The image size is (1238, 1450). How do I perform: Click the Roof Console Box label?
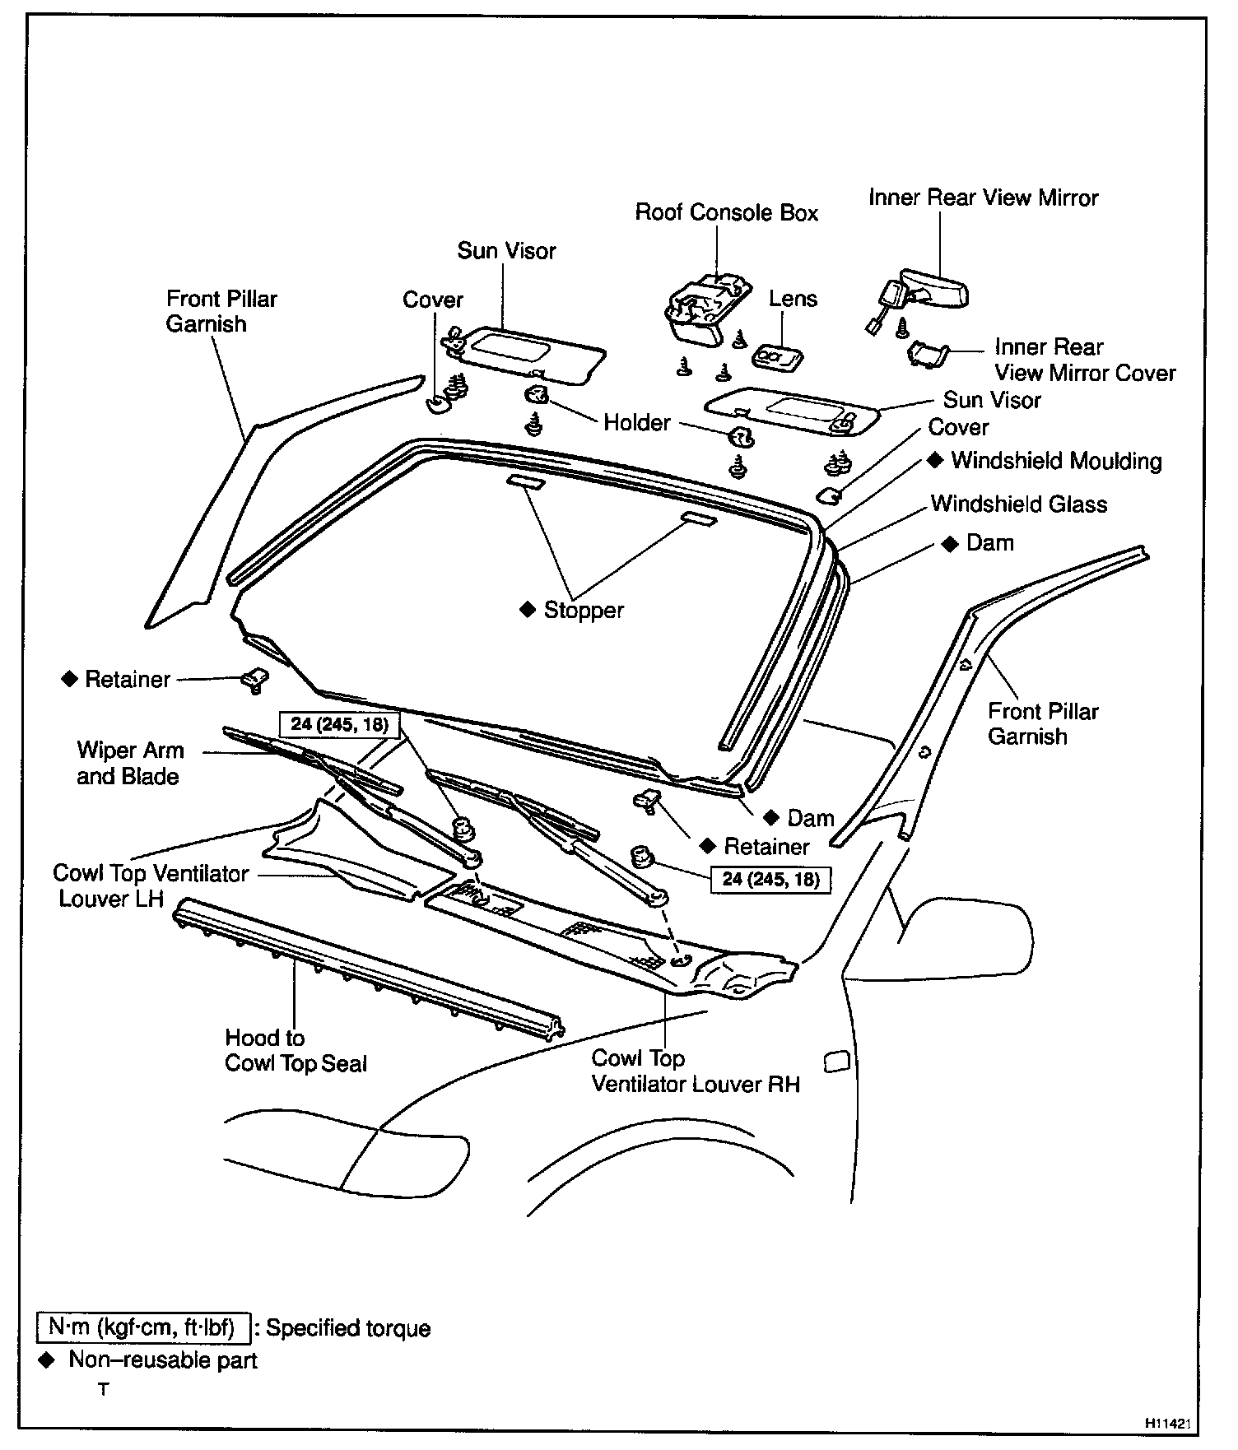[x=726, y=213]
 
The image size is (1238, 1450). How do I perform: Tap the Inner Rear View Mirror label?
[x=983, y=198]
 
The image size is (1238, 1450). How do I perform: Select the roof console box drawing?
[x=706, y=308]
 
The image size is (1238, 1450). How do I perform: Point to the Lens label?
[x=793, y=299]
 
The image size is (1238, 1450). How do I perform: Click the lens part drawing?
[x=778, y=356]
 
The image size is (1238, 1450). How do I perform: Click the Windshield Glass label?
[x=1018, y=504]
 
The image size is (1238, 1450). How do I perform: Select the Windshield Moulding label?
[x=1056, y=461]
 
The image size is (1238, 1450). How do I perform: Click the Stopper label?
[x=583, y=611]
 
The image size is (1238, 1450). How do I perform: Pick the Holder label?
[x=637, y=423]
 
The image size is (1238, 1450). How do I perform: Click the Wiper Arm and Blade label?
[x=129, y=763]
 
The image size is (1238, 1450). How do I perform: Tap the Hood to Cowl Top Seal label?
[x=295, y=1051]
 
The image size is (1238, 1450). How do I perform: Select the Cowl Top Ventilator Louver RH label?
[x=695, y=1071]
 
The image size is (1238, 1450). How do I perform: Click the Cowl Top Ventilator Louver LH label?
[x=151, y=885]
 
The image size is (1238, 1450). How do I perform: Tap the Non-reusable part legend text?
[x=162, y=1360]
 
